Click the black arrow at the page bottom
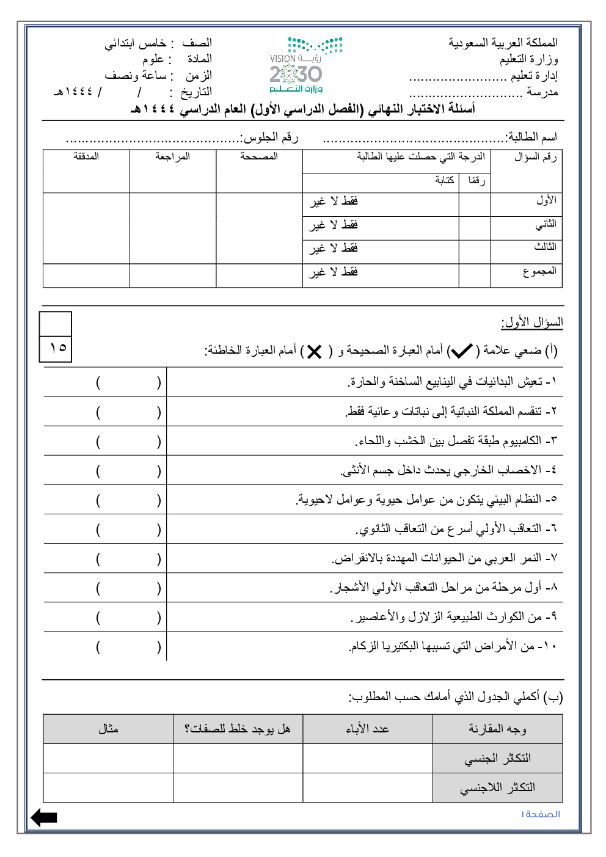click(44, 817)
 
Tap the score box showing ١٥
click(56, 348)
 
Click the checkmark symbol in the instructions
click(462, 351)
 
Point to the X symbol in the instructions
click(315, 352)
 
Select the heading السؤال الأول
click(532, 322)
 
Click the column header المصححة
click(259, 157)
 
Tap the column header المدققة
click(86, 157)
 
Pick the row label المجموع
click(539, 271)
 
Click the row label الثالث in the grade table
click(545, 247)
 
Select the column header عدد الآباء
click(367, 729)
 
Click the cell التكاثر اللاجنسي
click(497, 787)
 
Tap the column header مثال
click(108, 729)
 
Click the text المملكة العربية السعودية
click(503, 43)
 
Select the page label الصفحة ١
click(541, 814)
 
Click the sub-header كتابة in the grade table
click(444, 180)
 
